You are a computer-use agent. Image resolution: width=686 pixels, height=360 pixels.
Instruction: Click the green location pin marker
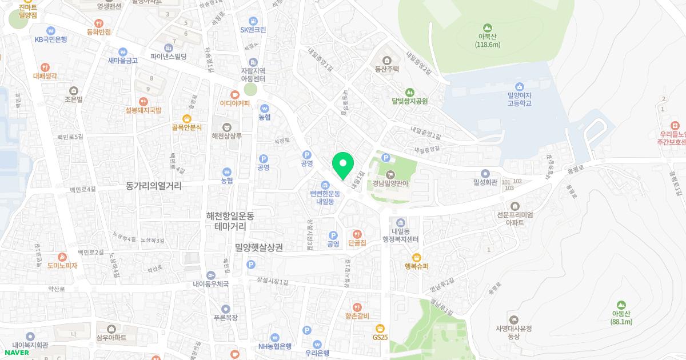point(343,165)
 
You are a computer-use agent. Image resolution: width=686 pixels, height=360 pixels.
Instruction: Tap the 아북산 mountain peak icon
point(487,27)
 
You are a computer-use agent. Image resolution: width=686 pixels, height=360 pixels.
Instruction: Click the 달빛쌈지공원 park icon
point(409,92)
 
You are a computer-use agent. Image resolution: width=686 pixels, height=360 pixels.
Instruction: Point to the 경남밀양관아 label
point(392,184)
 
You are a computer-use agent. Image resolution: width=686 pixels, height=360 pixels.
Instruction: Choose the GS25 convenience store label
point(380,337)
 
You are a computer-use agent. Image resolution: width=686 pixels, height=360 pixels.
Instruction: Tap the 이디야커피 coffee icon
point(234,94)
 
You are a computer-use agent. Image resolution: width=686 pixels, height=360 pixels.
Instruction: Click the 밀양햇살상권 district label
point(259,247)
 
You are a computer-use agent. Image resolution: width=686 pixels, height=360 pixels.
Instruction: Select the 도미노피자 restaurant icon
point(62,257)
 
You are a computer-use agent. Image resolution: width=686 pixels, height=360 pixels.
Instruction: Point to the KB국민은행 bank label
point(51,39)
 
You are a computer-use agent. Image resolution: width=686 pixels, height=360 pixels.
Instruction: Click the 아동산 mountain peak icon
point(621,305)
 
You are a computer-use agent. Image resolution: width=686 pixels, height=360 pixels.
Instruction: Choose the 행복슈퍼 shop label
point(416,266)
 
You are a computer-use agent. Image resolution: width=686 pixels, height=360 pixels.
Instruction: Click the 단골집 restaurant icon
point(357,234)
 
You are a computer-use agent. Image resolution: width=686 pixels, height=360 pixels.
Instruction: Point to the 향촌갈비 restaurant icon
point(357,307)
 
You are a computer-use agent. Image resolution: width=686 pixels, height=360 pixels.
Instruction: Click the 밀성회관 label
point(486,182)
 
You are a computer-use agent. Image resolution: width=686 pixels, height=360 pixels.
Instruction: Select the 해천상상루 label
point(227,136)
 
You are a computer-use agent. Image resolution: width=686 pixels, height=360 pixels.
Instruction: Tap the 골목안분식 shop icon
point(186,118)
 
